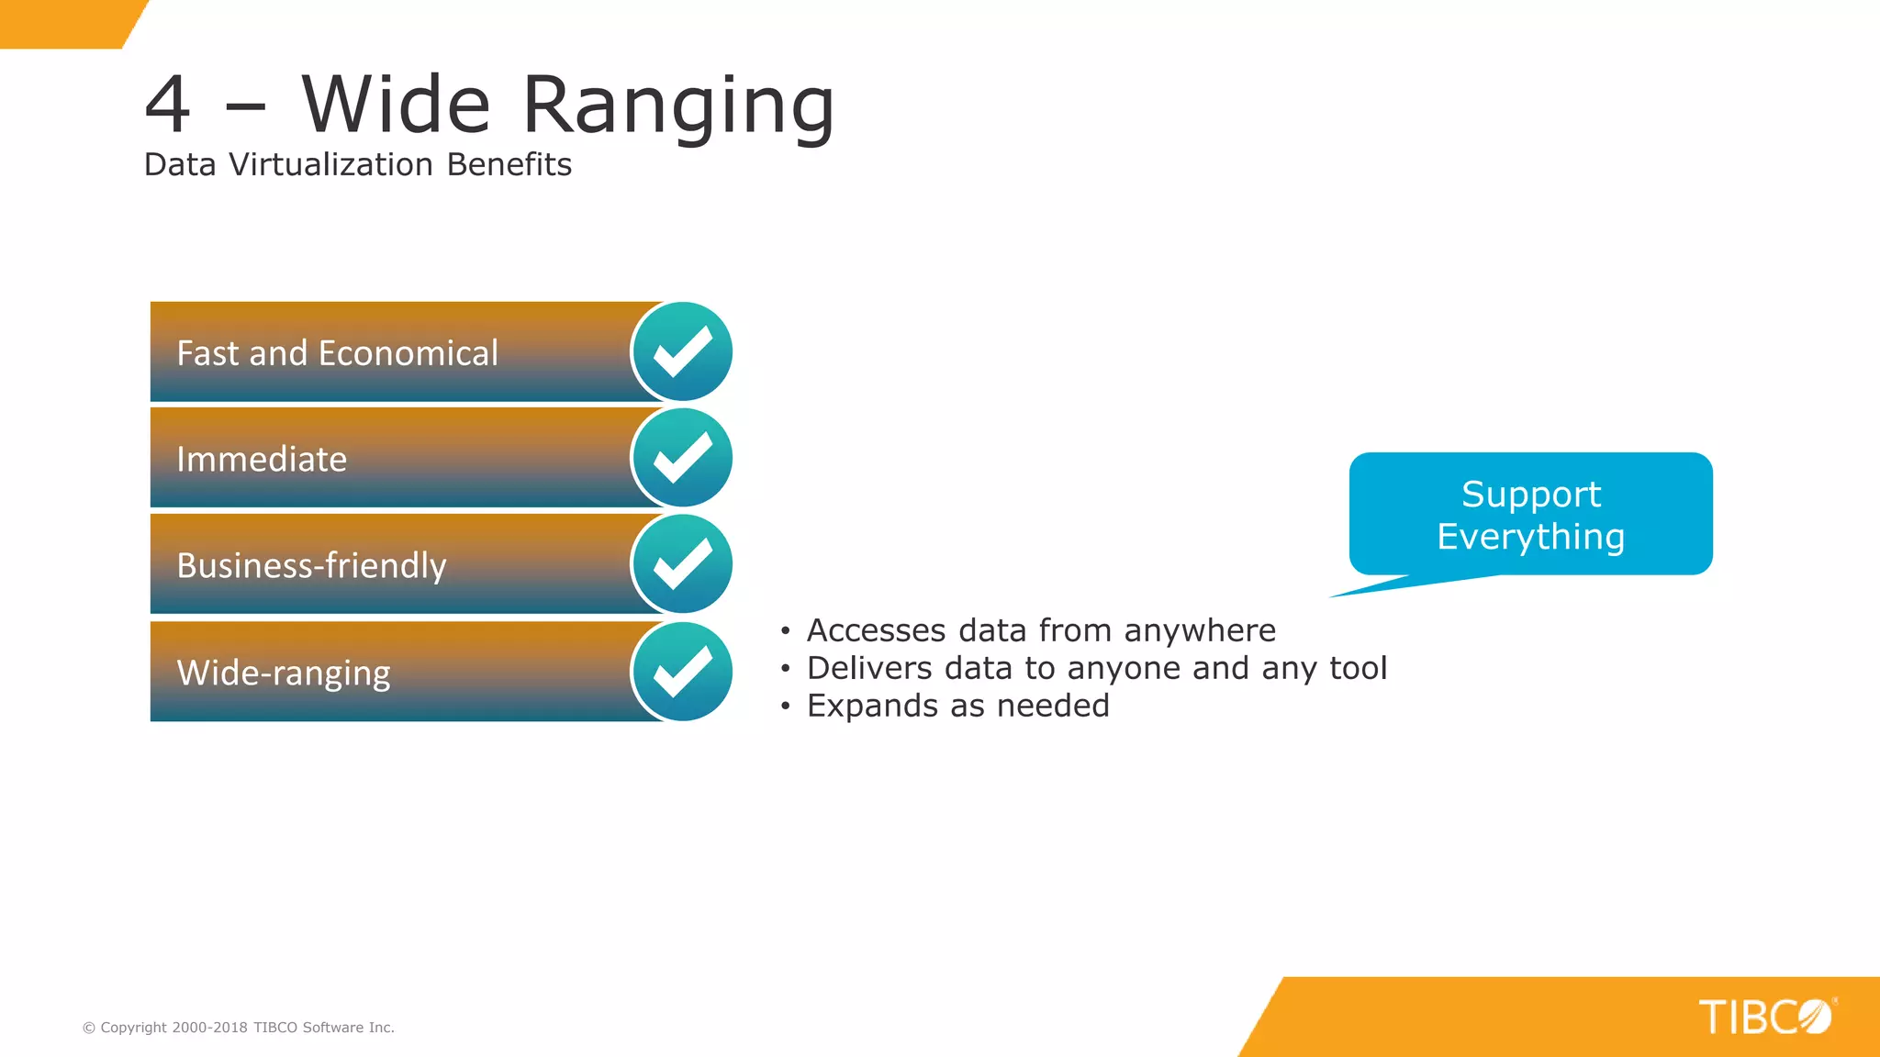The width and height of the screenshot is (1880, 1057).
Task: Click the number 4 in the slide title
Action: [x=168, y=106]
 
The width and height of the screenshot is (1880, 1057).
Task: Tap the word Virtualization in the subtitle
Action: [x=330, y=165]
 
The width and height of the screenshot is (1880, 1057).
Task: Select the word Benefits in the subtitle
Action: [x=509, y=165]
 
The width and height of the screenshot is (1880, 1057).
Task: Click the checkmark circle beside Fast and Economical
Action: [x=682, y=352]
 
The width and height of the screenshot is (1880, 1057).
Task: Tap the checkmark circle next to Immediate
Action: [x=682, y=459]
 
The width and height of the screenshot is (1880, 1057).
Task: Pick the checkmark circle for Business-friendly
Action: [x=682, y=564]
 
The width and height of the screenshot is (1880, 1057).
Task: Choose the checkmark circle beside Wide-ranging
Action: [x=682, y=672]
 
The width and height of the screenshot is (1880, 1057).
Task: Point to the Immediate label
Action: [x=262, y=460]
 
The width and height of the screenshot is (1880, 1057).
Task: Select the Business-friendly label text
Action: [x=311, y=566]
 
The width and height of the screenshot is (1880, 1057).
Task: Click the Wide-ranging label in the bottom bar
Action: [x=283, y=673]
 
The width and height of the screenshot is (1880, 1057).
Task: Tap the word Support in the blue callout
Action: [x=1530, y=495]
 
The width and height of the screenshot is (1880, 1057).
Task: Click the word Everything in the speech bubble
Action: [x=1530, y=537]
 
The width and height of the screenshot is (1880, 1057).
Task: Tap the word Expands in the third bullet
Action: [x=872, y=707]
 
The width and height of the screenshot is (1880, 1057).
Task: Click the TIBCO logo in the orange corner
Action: [x=1764, y=1017]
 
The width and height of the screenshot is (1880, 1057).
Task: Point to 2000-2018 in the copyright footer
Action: [x=209, y=1028]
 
